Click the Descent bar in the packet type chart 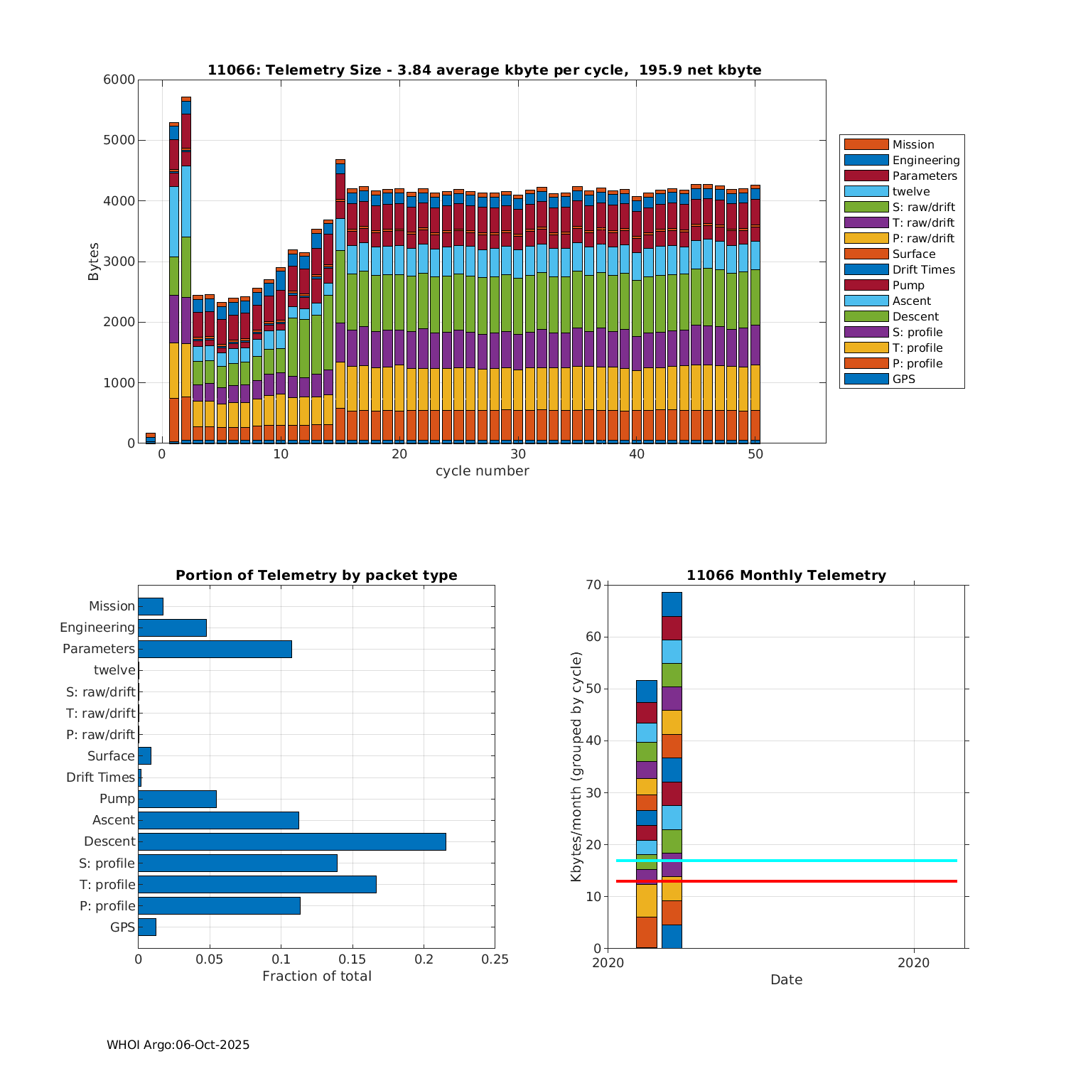click(291, 841)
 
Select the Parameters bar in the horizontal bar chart click(215, 649)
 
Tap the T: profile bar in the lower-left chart click(257, 884)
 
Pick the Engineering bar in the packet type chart click(172, 628)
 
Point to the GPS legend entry click(903, 379)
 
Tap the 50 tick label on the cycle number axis click(755, 454)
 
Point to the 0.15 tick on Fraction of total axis click(352, 959)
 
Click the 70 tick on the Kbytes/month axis click(593, 585)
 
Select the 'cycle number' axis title click(482, 470)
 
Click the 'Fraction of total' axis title click(316, 976)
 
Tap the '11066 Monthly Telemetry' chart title click(786, 575)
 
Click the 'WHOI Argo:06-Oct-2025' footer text click(178, 1045)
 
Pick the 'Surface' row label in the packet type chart click(111, 755)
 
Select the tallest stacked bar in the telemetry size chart click(186, 284)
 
